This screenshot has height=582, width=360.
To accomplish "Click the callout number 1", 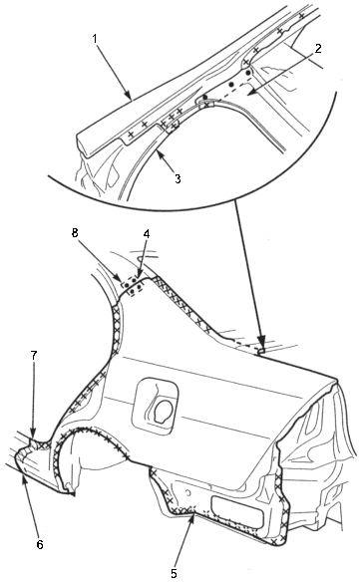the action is point(96,39).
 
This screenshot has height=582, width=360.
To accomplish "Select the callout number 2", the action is point(318,48).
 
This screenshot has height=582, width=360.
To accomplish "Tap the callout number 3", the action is point(178,178).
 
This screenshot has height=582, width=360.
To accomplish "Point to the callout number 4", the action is point(147,234).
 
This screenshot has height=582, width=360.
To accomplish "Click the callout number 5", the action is point(174,573).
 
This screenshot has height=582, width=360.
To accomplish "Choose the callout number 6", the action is point(40,544).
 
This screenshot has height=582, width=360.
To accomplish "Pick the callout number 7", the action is point(34,355).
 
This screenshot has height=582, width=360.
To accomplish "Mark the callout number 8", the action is point(76,233).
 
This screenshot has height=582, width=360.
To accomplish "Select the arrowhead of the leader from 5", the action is point(191,518).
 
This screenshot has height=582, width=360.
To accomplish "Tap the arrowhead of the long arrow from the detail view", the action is point(261,344).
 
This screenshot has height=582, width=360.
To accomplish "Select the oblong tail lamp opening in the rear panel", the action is point(238,510).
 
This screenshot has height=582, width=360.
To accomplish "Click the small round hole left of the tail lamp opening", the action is point(188,492).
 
